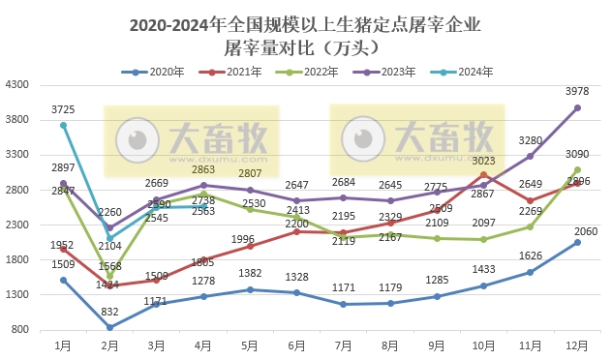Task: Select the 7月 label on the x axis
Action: pos(344,345)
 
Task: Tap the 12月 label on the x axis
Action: pos(577,345)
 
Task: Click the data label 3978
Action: pos(578,92)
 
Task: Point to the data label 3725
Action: pos(64,109)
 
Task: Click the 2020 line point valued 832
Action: pos(110,327)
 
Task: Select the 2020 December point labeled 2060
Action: pos(578,242)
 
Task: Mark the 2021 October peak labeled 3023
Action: pos(484,174)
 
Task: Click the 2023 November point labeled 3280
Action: pos(531,156)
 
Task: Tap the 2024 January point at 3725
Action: pos(64,125)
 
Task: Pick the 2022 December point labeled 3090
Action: pos(578,169)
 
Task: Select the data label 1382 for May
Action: pos(251,276)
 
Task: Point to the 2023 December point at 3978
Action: pos(578,107)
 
